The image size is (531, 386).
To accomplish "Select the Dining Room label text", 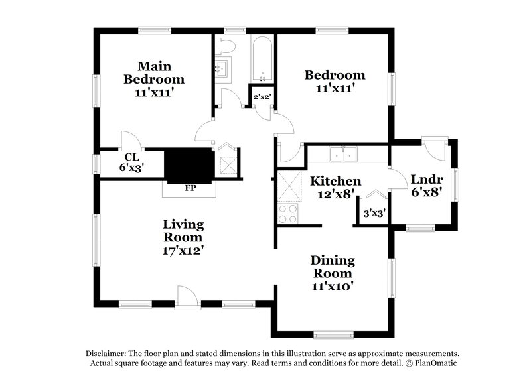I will [x=333, y=273].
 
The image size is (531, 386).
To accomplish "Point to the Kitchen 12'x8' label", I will [x=336, y=187].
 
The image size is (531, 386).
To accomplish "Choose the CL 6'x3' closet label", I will [x=131, y=162].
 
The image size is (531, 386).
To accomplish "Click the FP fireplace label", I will [x=190, y=188].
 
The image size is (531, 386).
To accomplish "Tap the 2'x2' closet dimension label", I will [x=262, y=97].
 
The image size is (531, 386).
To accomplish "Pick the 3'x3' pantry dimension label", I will [x=374, y=214].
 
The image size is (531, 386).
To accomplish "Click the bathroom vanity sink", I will [x=222, y=68].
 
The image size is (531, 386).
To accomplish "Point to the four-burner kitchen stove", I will [x=289, y=214].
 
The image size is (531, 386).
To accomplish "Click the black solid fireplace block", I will [x=189, y=165].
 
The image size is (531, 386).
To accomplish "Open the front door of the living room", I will [x=189, y=296].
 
